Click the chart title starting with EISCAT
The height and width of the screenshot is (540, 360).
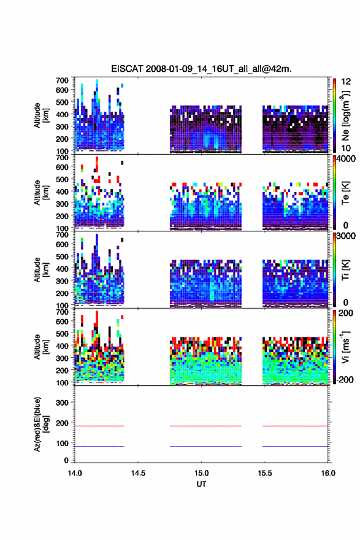201,69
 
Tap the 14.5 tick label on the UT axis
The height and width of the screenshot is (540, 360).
138,473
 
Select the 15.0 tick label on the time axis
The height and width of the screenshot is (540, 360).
201,473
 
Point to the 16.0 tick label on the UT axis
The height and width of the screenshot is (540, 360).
328,473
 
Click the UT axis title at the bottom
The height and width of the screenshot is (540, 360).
201,484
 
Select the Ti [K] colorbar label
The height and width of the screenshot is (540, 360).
345,269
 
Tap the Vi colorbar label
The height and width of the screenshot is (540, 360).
345,347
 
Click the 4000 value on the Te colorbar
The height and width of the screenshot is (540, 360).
347,160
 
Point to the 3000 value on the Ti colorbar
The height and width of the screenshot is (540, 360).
347,236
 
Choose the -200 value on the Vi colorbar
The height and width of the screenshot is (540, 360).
345,379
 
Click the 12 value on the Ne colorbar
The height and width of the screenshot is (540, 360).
347,82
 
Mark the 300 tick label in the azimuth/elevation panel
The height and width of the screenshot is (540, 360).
62,403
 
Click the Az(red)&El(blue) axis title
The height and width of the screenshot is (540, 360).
41,424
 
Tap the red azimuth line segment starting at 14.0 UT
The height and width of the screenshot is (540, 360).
99,426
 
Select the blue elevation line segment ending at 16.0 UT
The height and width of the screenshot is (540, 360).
295,446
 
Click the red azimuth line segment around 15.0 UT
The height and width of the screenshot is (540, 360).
206,426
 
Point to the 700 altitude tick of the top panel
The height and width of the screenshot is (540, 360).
62,80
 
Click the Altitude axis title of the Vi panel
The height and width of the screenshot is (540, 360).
41,347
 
